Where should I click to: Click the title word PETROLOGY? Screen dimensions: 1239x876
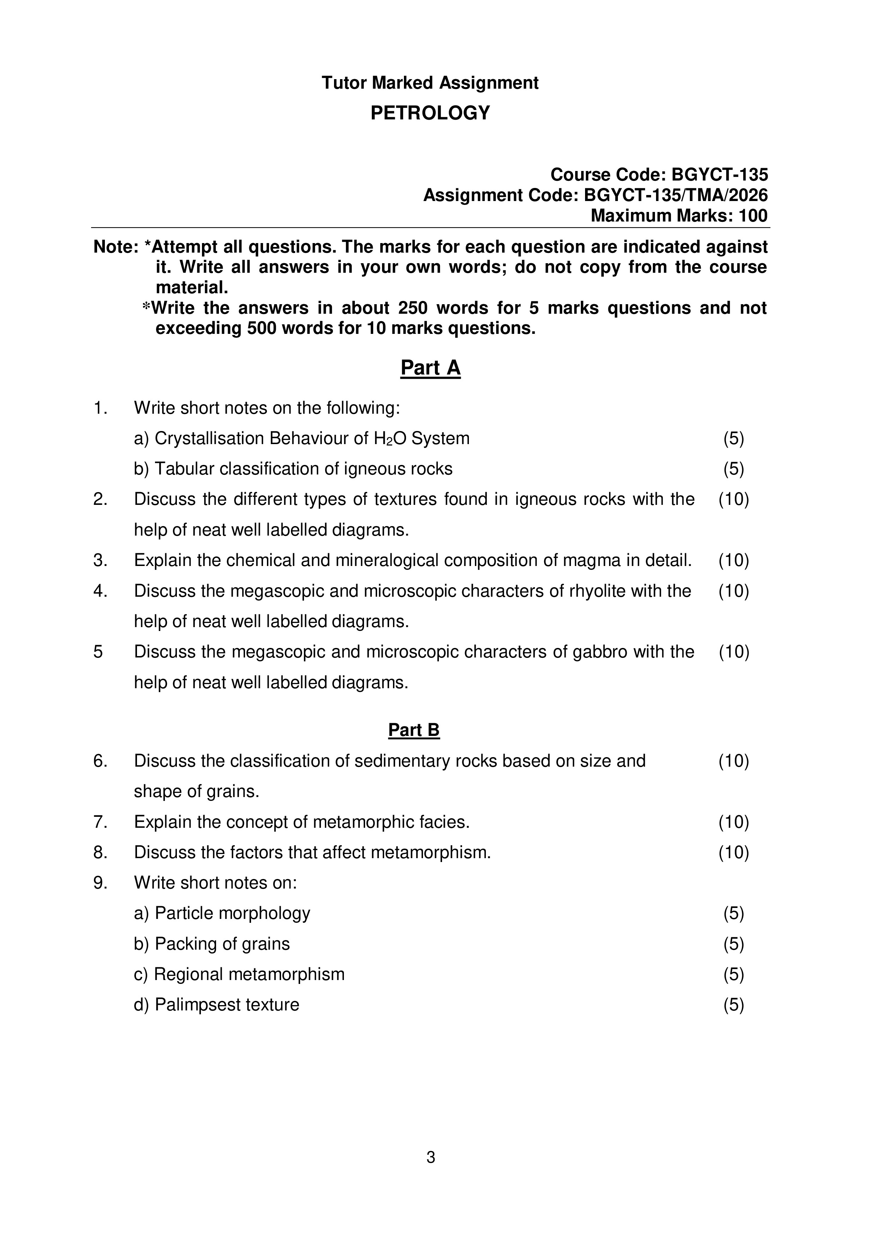pos(430,113)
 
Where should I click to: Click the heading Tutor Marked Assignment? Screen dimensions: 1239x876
pos(430,83)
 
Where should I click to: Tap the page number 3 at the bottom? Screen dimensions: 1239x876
pos(430,1157)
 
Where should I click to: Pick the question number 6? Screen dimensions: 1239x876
pos(100,761)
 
